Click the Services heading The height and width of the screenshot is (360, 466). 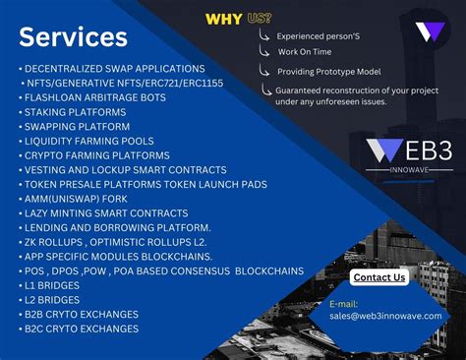point(73,37)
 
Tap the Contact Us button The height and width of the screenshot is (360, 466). point(379,277)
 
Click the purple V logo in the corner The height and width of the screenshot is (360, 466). point(430,30)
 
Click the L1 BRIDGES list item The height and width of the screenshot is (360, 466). point(53,285)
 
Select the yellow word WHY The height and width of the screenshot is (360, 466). point(223,19)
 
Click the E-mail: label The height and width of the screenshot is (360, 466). point(345,304)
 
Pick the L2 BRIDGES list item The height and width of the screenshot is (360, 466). point(53,300)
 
